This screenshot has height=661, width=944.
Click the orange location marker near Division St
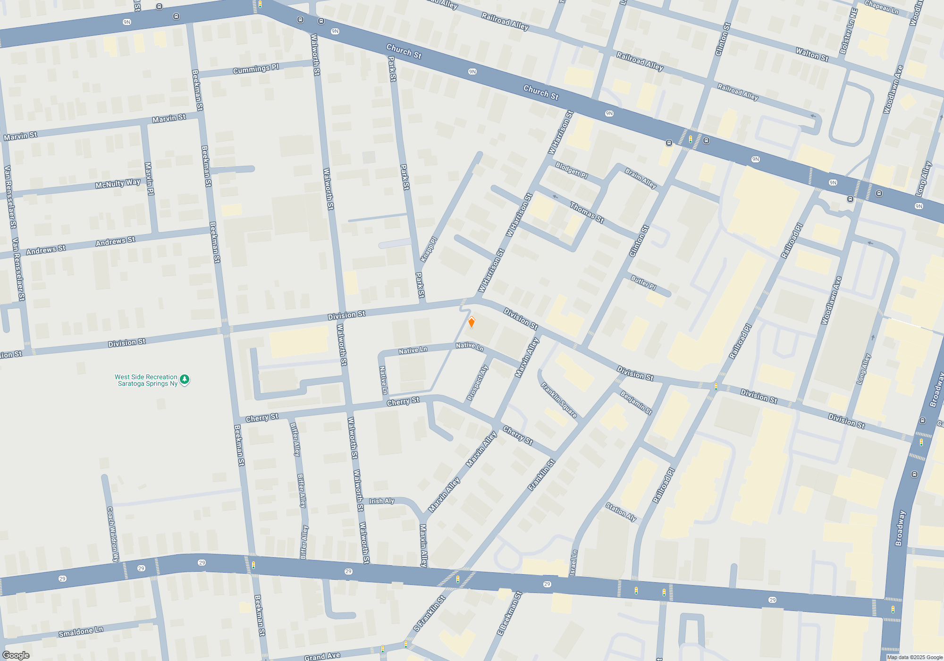471,322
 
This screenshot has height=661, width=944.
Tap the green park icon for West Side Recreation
185,379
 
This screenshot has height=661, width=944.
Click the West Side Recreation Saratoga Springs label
146,380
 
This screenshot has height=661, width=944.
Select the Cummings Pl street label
256,69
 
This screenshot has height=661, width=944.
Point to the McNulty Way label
118,184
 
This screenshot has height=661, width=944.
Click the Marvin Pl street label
149,179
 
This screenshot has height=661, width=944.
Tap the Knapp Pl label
429,249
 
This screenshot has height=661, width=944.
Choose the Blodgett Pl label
572,170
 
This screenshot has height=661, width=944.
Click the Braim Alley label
641,178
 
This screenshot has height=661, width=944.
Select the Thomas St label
587,212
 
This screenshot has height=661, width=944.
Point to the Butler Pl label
643,282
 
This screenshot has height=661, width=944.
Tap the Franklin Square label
559,400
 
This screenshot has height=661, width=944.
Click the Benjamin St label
636,402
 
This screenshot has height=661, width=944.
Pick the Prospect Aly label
477,383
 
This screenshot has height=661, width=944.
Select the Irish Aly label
381,501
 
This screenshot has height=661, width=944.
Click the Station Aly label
621,512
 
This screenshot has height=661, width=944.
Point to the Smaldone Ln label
80,631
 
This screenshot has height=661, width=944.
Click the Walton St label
812,54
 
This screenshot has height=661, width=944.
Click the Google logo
16,655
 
